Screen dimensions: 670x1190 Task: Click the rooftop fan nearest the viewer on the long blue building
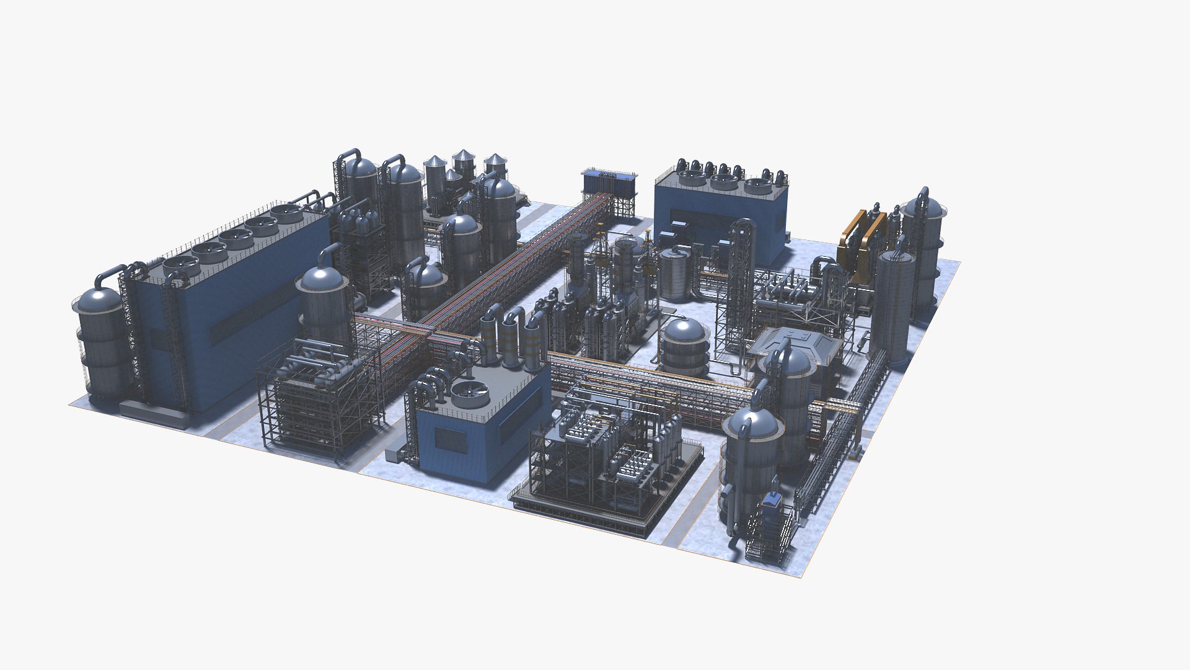180,268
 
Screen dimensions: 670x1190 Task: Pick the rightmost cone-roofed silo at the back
496,164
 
